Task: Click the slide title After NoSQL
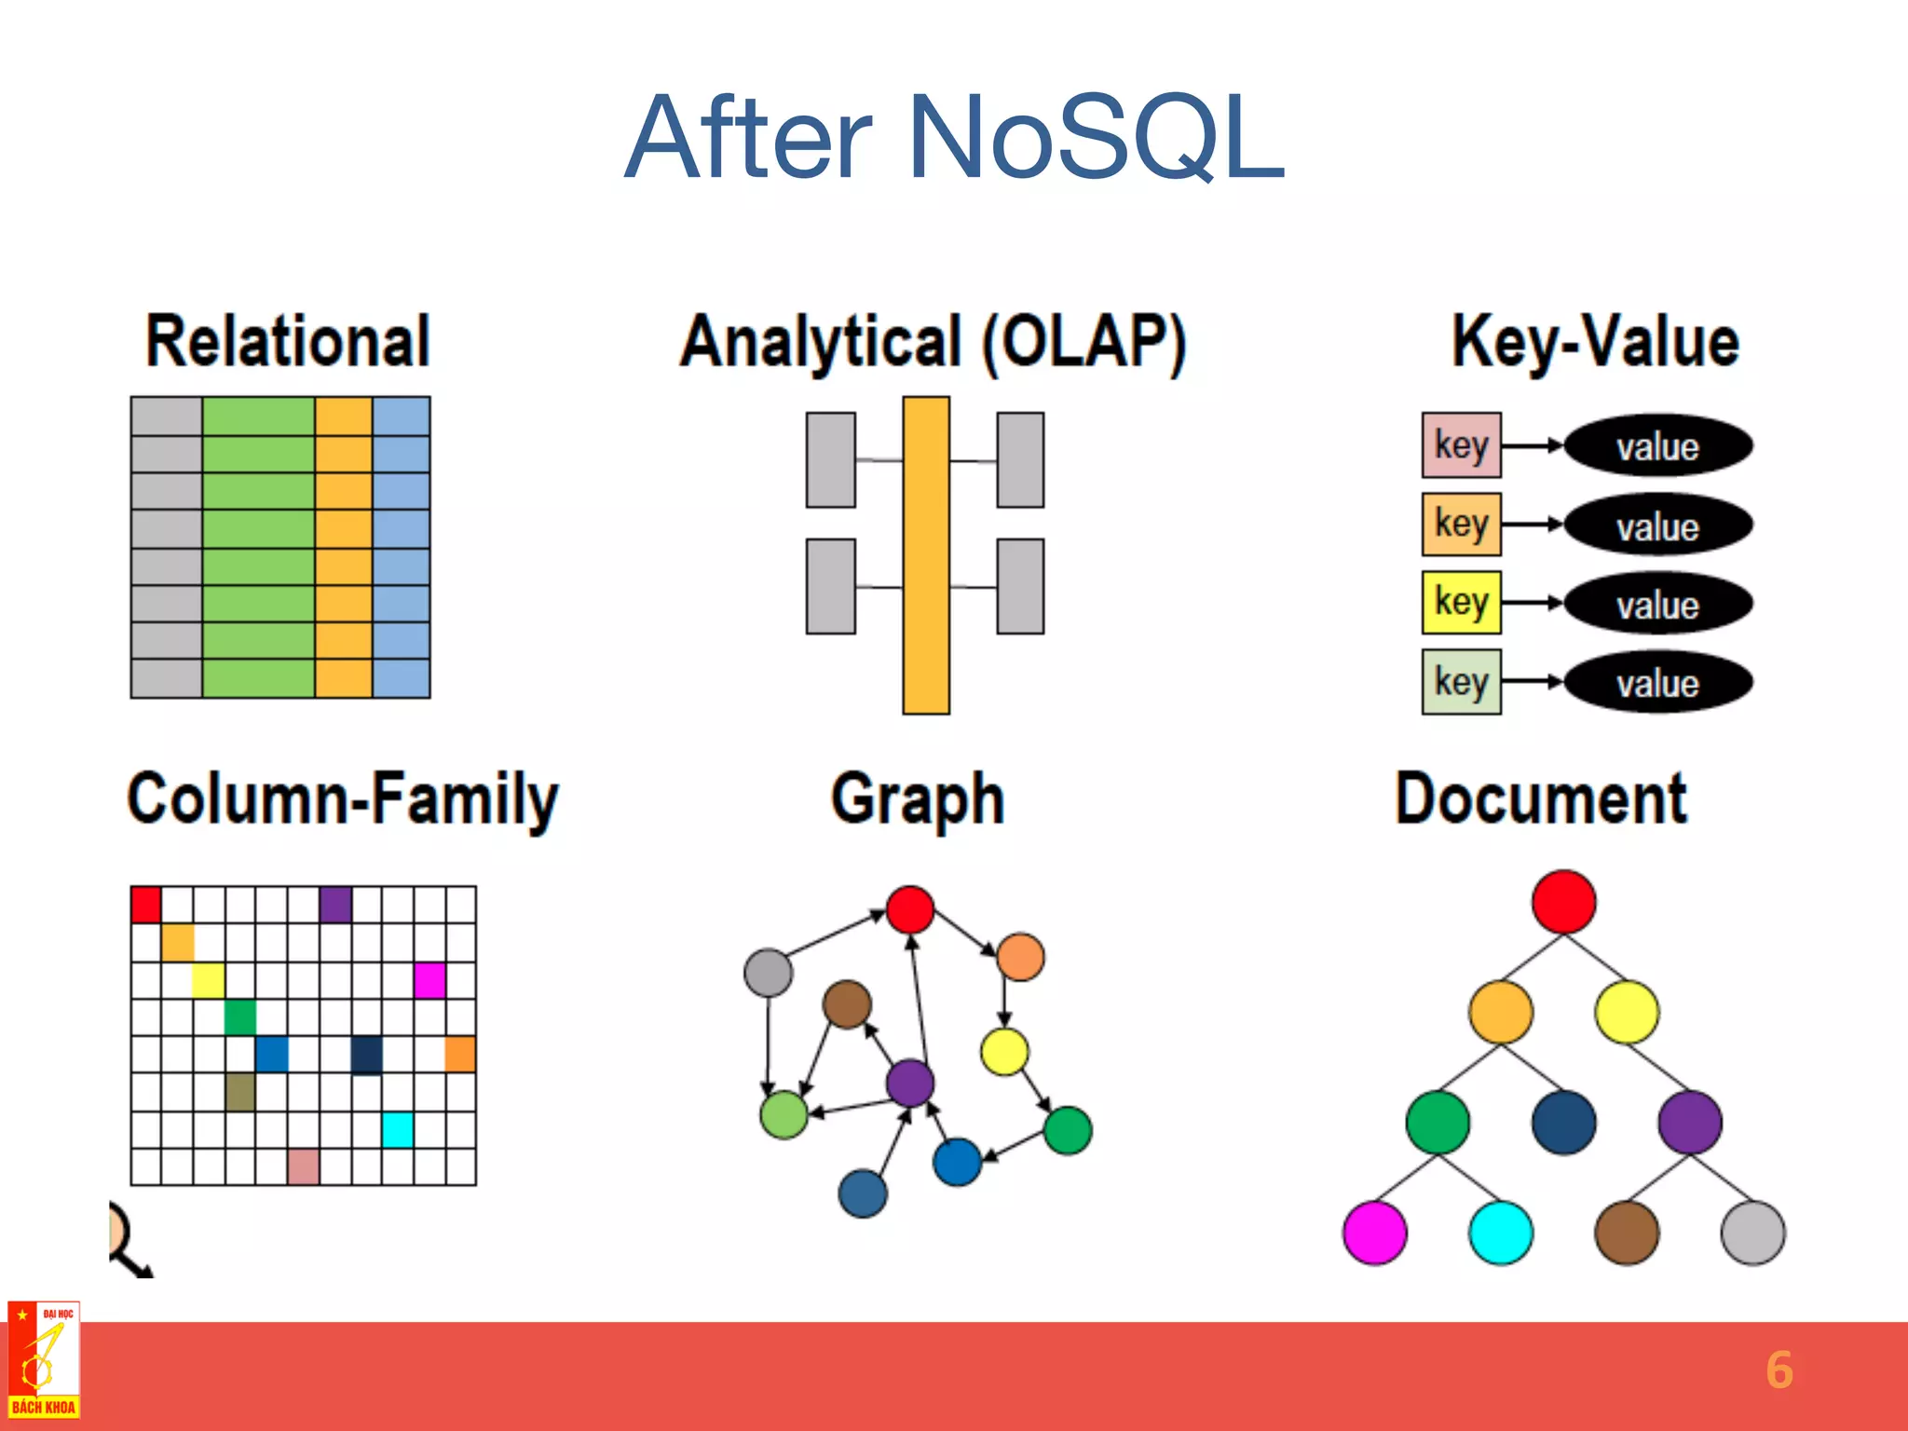coord(954,138)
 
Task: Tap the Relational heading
coord(288,342)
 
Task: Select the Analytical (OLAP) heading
coord(933,342)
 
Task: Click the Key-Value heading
coord(1595,342)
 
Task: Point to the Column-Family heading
coord(342,799)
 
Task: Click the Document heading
coord(1541,799)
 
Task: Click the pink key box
coord(1461,445)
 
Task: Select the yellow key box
coord(1461,602)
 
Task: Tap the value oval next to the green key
coord(1658,683)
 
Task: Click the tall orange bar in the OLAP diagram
coord(926,555)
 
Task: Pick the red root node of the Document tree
coord(1563,902)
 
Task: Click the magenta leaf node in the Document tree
coord(1374,1233)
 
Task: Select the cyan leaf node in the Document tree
coord(1500,1233)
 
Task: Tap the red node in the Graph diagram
coord(910,909)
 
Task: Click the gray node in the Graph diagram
coord(769,973)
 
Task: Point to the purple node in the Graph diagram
coord(910,1083)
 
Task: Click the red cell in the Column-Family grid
coord(146,905)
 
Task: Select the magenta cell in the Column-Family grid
coord(429,980)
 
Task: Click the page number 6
coord(1779,1370)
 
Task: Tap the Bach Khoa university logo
coord(44,1359)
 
